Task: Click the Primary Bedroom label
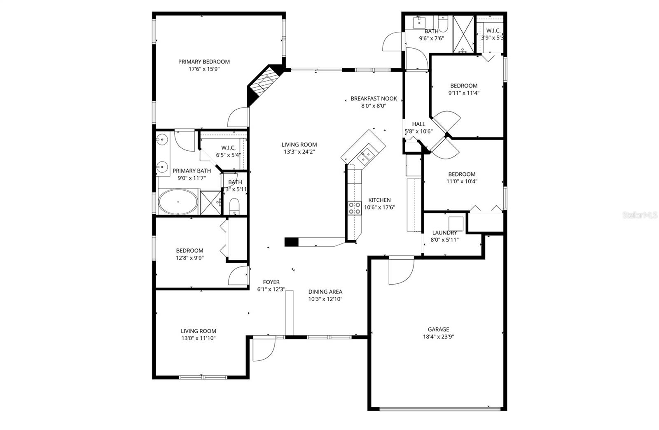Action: pos(204,62)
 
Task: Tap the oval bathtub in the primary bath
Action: pos(178,202)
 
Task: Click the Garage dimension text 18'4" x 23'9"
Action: pos(438,337)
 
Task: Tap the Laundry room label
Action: pos(444,233)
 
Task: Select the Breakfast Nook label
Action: pos(374,98)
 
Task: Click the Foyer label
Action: pos(271,282)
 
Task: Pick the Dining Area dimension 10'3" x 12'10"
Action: pos(325,299)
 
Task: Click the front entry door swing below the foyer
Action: pos(264,349)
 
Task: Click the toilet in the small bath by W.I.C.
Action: pos(234,206)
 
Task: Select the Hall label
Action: pos(418,124)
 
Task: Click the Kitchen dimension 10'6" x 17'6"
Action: pos(379,208)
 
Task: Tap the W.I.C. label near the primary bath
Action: pos(228,148)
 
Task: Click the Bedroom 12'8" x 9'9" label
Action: pos(189,250)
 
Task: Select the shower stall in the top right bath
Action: pos(464,34)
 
